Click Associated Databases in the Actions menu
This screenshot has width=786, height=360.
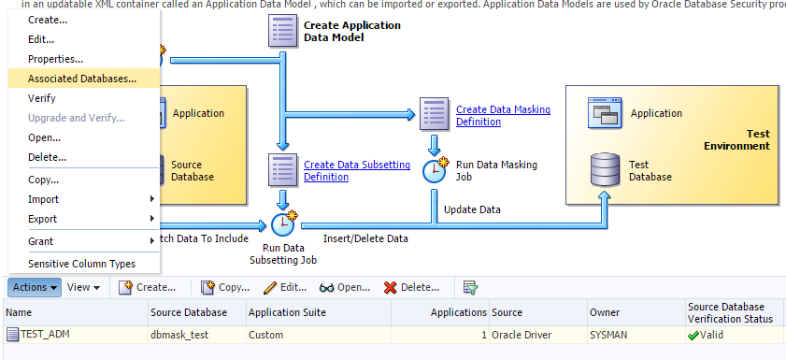(81, 79)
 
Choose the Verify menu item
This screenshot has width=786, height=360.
(42, 98)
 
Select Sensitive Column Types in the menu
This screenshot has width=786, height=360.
(81, 264)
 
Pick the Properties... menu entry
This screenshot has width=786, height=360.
(55, 60)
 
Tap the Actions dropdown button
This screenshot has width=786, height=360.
(35, 287)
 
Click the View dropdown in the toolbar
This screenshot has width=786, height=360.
(83, 287)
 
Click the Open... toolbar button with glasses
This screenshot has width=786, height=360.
(345, 287)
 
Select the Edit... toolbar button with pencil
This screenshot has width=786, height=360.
(285, 287)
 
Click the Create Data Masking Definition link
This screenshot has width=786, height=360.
(503, 116)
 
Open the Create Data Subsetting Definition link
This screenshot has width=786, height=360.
(356, 170)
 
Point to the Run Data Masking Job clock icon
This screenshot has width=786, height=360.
(436, 170)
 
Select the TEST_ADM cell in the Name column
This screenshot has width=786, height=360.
(45, 334)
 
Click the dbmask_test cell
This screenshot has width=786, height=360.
(178, 334)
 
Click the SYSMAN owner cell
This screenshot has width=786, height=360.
(609, 334)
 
